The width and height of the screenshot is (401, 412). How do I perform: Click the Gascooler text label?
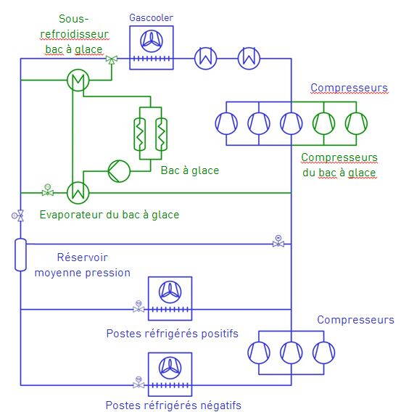152,17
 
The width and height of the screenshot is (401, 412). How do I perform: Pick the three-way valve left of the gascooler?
111,59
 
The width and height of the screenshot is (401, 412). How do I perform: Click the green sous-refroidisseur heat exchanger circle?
75,81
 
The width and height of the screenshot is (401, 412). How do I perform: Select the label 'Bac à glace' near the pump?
189,170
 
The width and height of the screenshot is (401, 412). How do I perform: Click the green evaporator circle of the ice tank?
76,192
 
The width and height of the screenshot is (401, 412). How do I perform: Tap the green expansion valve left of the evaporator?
48,192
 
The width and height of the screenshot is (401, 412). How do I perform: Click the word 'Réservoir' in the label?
82,257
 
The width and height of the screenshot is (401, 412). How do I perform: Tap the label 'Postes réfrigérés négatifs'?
173,405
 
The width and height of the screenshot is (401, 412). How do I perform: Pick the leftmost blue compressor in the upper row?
226,123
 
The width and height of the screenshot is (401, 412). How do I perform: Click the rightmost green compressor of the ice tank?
356,123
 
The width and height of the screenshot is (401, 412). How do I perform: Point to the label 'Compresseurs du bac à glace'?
339,165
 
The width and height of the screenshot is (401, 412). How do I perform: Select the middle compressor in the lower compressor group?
292,353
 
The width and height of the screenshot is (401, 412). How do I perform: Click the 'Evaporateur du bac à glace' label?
109,215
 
